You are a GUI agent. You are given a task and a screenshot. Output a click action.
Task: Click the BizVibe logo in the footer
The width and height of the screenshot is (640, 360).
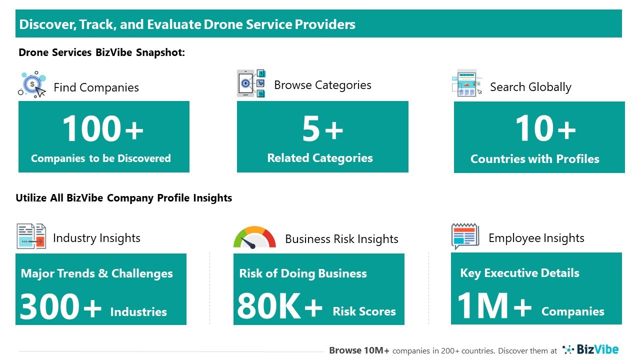[590, 349]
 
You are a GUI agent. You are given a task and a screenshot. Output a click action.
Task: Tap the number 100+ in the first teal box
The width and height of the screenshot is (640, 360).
[103, 128]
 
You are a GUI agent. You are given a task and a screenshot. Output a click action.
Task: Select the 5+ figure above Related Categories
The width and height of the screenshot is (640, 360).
[322, 129]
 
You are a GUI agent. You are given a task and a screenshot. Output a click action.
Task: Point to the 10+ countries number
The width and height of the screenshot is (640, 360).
[545, 128]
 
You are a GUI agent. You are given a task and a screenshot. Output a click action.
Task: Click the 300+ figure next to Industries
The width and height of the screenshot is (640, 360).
[60, 306]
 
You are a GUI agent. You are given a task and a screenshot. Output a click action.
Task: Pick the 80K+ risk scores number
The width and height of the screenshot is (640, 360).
[279, 306]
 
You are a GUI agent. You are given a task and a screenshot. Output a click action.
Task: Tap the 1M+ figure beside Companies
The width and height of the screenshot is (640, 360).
[494, 305]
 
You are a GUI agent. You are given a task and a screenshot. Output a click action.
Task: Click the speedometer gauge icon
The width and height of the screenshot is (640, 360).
[254, 237]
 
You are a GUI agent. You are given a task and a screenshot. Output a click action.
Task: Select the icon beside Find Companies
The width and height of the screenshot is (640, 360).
[32, 84]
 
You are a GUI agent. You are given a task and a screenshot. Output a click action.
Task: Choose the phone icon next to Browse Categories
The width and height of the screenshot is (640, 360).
[251, 83]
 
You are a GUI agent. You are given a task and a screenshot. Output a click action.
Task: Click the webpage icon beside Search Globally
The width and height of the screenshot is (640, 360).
[467, 83]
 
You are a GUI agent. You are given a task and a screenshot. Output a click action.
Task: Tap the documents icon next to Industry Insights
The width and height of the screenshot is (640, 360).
[31, 236]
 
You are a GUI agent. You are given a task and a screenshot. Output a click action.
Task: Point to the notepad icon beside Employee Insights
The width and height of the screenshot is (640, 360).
[465, 236]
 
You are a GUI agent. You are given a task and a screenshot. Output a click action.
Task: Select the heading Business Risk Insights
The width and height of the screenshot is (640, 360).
[341, 239]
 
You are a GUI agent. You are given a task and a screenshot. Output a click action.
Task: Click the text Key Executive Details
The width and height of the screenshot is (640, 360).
[519, 273]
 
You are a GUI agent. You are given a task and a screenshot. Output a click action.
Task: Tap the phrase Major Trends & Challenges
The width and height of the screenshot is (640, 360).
[97, 273]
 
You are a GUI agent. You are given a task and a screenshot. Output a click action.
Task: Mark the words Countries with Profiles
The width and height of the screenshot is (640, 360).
[535, 159]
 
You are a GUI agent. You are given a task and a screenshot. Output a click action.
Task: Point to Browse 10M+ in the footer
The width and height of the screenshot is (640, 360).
[359, 350]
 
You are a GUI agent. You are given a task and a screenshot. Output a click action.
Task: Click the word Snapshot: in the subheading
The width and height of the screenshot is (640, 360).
[160, 52]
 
